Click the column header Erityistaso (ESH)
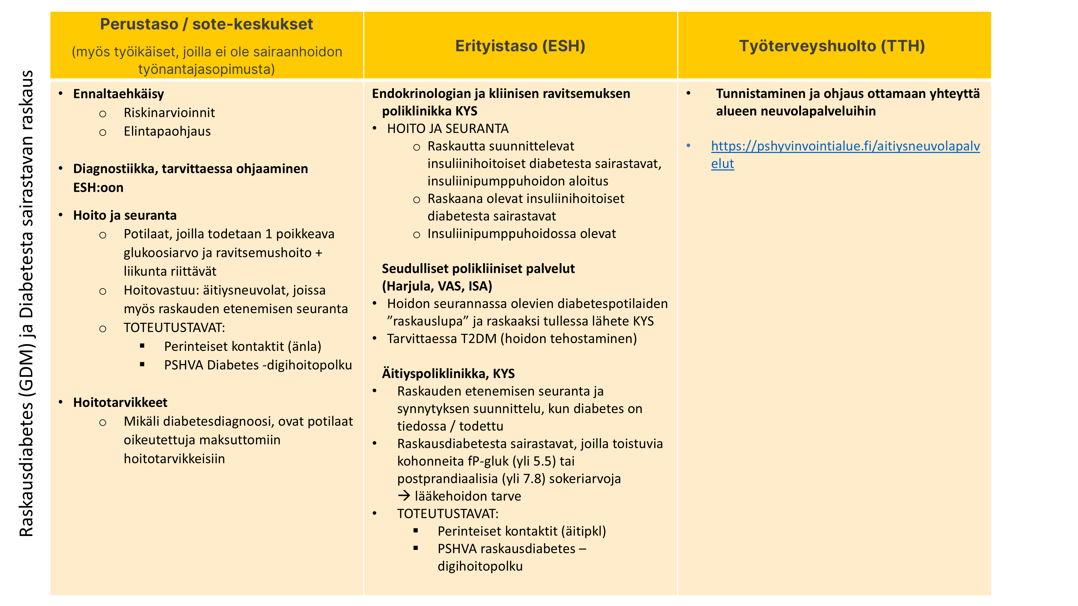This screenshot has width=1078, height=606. click(x=520, y=46)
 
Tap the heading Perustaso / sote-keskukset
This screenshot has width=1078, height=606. click(x=206, y=24)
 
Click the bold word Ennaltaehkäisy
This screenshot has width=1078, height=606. click(x=118, y=94)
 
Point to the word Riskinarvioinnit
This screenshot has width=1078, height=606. click(x=169, y=113)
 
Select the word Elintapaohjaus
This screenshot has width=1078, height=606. click(x=167, y=131)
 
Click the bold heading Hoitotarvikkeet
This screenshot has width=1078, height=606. click(x=120, y=402)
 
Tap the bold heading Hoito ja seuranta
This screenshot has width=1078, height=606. click(x=125, y=215)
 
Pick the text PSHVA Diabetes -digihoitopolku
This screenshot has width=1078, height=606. click(x=258, y=365)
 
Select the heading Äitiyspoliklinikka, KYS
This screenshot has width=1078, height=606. click(x=448, y=374)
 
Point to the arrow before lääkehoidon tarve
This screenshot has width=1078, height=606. click(x=404, y=496)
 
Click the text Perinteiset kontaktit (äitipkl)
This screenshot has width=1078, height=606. click(x=521, y=531)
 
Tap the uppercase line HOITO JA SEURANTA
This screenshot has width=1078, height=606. click(x=447, y=129)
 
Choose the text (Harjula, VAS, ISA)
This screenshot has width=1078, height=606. click(x=437, y=286)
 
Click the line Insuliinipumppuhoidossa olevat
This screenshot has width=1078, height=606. click(x=521, y=234)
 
